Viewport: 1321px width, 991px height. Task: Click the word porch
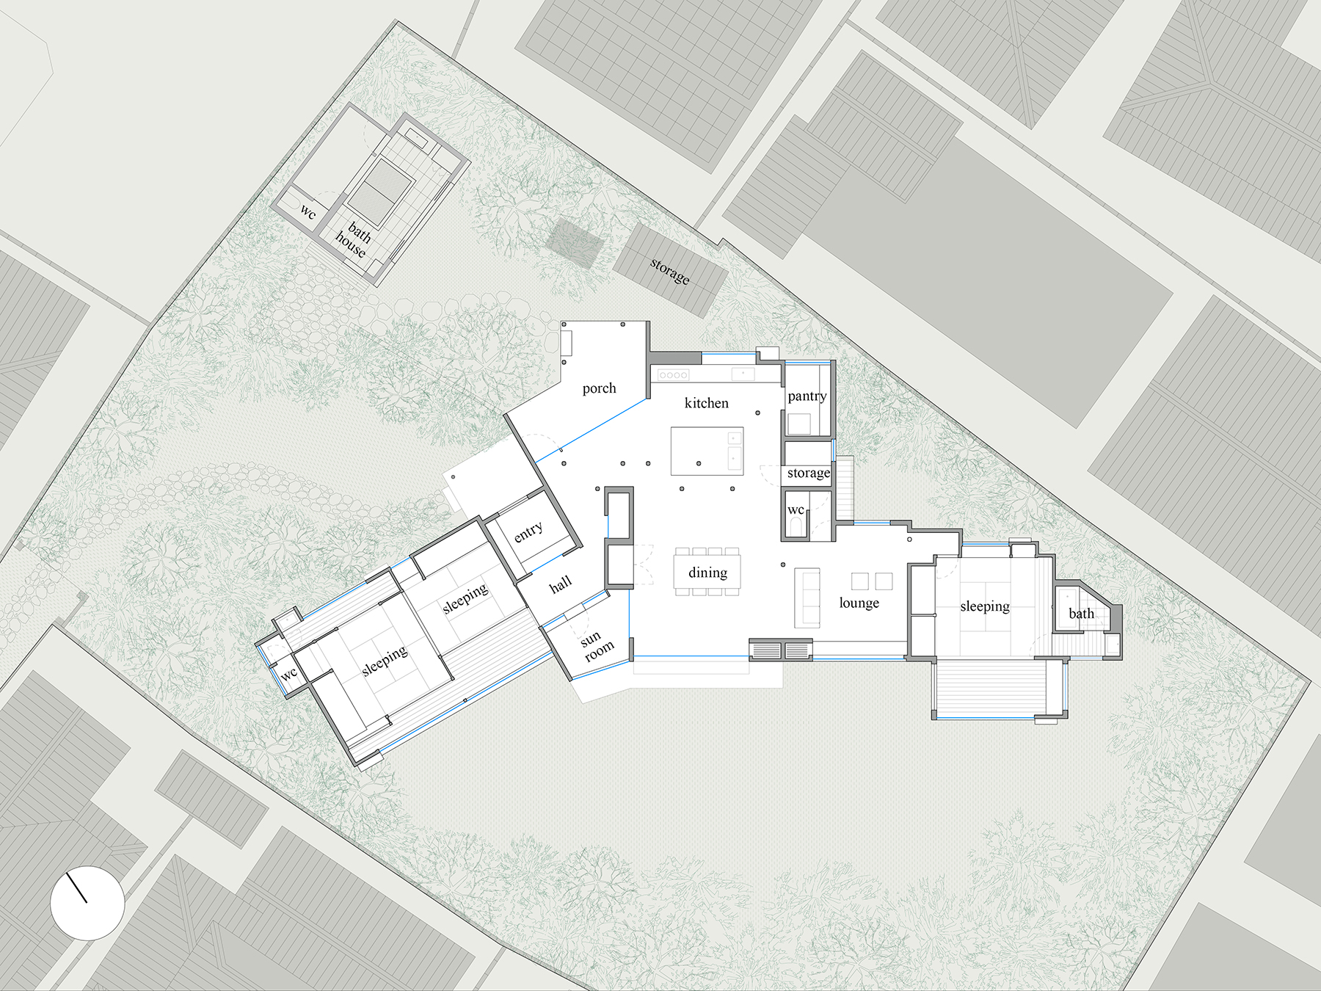pyautogui.click(x=599, y=388)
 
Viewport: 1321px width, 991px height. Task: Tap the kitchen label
pyautogui.click(x=706, y=403)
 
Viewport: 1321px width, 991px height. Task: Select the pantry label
pyautogui.click(x=807, y=396)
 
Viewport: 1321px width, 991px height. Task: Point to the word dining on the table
pyautogui.click(x=707, y=573)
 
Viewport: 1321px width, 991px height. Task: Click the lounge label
pyautogui.click(x=859, y=603)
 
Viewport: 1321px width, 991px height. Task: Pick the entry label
pyautogui.click(x=528, y=531)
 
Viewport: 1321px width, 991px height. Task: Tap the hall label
pyautogui.click(x=560, y=584)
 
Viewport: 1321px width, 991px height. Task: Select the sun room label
pyautogui.click(x=596, y=645)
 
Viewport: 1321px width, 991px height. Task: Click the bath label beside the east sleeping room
pyautogui.click(x=1081, y=613)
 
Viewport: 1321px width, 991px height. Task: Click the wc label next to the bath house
pyautogui.click(x=308, y=212)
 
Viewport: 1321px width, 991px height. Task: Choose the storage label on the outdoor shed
pyautogui.click(x=669, y=271)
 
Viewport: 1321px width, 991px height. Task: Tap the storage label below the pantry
pyautogui.click(x=808, y=473)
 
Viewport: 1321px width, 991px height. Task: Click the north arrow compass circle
pyautogui.click(x=87, y=903)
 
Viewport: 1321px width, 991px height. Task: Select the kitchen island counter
pyautogui.click(x=707, y=451)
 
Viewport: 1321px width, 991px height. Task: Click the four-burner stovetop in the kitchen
pyautogui.click(x=673, y=375)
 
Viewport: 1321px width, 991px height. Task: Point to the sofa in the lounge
pyautogui.click(x=807, y=598)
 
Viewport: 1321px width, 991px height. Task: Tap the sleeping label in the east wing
pyautogui.click(x=985, y=606)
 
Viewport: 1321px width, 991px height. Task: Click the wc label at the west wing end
pyautogui.click(x=289, y=673)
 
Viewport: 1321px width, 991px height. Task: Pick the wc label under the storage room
pyautogui.click(x=796, y=509)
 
